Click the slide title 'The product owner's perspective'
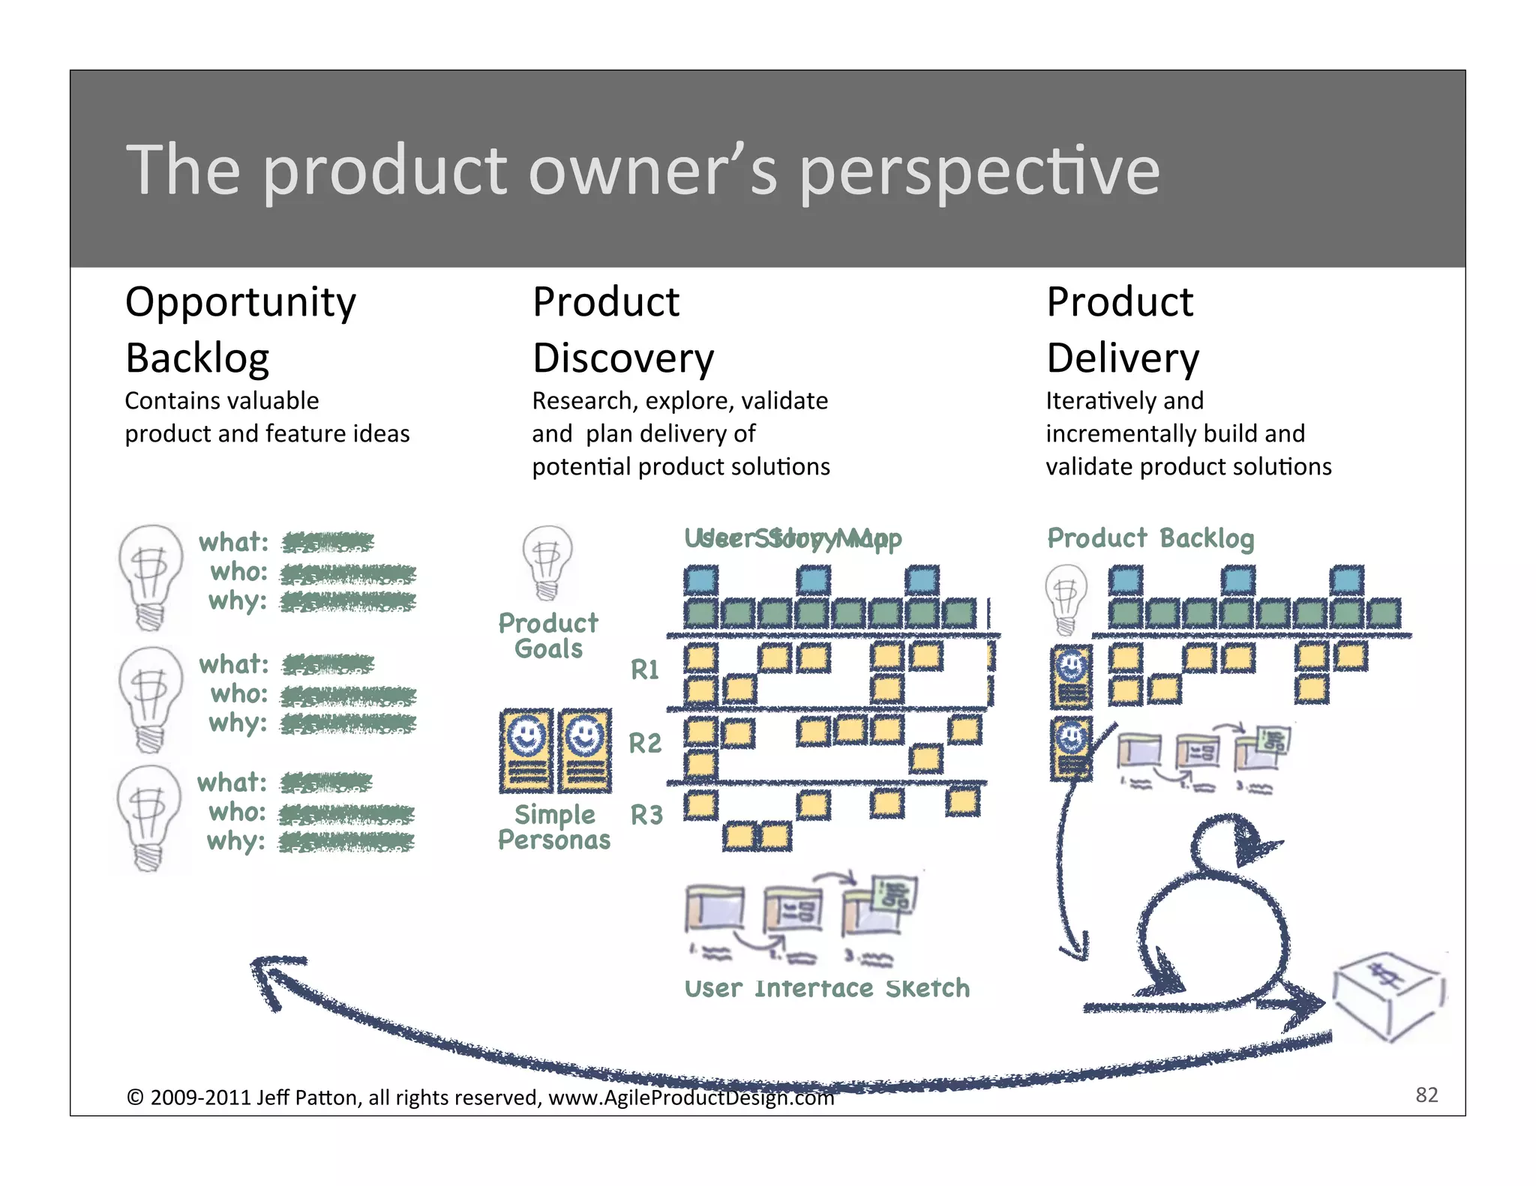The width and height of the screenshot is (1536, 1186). point(643,171)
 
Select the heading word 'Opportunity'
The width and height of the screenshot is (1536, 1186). point(240,303)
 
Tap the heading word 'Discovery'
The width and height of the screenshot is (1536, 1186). point(622,358)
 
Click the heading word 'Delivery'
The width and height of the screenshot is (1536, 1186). point(1122,358)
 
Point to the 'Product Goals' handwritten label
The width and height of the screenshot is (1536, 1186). point(548,636)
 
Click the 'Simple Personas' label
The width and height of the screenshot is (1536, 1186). point(553,827)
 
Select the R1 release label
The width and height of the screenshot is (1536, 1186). point(644,669)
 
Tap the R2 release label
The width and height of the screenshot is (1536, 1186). point(645,744)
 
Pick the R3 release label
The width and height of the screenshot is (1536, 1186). point(646,815)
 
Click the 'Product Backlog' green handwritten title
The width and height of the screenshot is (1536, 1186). point(1150,538)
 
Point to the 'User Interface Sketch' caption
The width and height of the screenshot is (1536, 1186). point(826,988)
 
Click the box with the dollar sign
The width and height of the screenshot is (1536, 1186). point(1388,995)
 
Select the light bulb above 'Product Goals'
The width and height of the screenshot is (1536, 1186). point(547,561)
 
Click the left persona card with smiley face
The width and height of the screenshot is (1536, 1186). point(526,750)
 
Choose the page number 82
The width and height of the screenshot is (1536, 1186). point(1426,1095)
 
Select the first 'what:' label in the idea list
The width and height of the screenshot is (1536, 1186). point(233,542)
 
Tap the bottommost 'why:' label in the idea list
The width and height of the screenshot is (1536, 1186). point(235,841)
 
